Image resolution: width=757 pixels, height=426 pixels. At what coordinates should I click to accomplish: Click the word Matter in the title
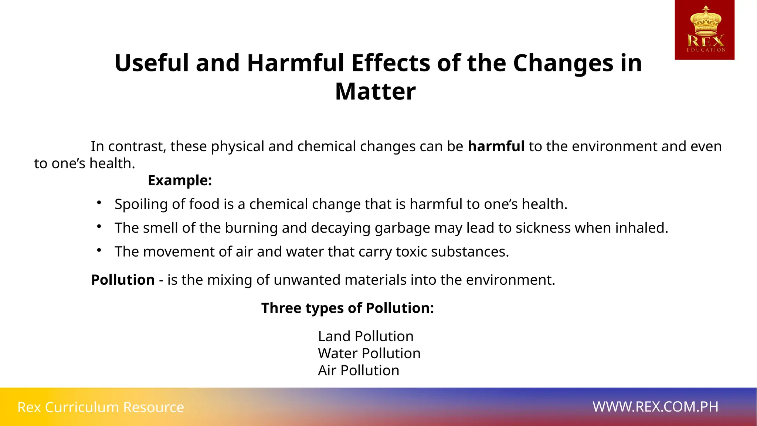[x=375, y=91]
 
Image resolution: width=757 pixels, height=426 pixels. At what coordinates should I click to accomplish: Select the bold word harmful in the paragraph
[x=496, y=146]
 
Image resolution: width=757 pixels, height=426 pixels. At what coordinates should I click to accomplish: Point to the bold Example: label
[x=180, y=180]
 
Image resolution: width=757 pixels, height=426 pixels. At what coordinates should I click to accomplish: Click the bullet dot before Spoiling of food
[x=99, y=203]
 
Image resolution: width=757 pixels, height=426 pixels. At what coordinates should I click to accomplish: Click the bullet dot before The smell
[x=99, y=226]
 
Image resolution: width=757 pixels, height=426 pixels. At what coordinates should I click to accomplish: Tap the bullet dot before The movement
[x=99, y=250]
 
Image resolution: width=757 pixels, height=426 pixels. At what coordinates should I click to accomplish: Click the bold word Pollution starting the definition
[x=123, y=280]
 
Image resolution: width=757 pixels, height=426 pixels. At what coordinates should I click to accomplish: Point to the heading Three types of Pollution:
[x=347, y=308]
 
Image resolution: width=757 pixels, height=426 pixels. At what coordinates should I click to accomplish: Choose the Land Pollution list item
[x=366, y=337]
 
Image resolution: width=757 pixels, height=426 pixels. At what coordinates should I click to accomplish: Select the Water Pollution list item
[x=369, y=354]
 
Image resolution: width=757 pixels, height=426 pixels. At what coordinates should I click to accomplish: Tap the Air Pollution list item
[x=359, y=371]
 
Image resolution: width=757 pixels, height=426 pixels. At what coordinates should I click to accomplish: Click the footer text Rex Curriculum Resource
[x=101, y=407]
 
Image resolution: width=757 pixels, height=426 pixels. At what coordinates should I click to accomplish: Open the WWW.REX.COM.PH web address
[x=655, y=407]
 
